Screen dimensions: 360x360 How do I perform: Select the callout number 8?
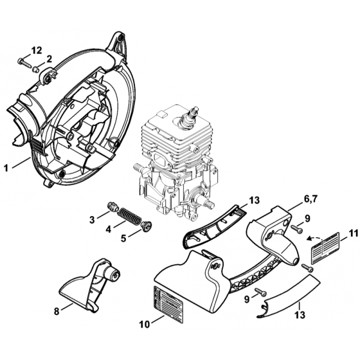(57, 311)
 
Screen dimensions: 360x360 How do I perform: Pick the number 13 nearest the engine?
(253, 201)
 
